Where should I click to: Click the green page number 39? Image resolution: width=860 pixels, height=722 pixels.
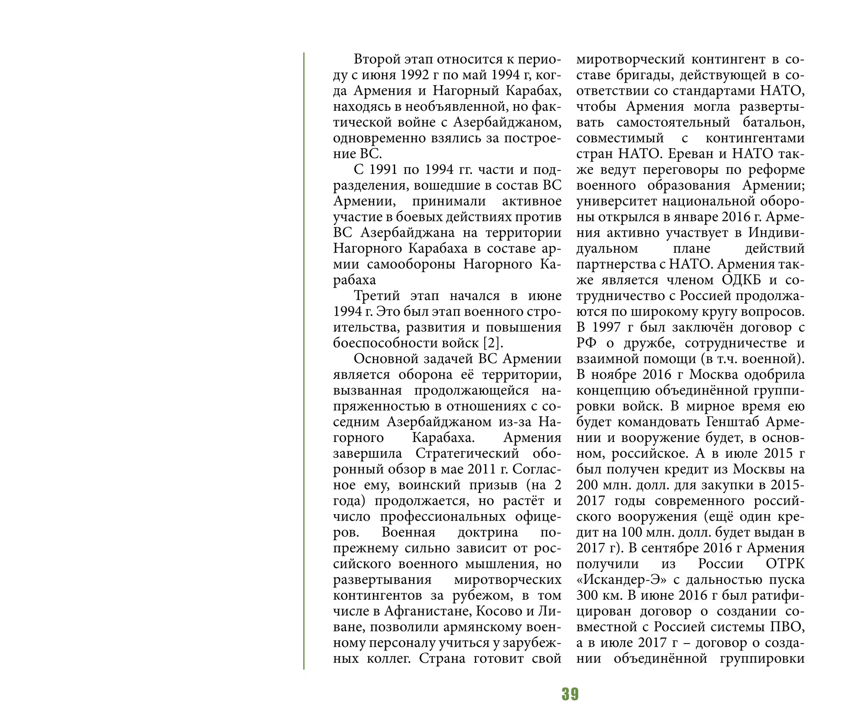point(570,694)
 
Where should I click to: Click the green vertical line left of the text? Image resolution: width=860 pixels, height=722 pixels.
point(304,361)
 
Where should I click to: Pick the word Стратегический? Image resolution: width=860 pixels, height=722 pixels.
point(467,453)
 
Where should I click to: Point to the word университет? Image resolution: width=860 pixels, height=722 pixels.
point(617,201)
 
